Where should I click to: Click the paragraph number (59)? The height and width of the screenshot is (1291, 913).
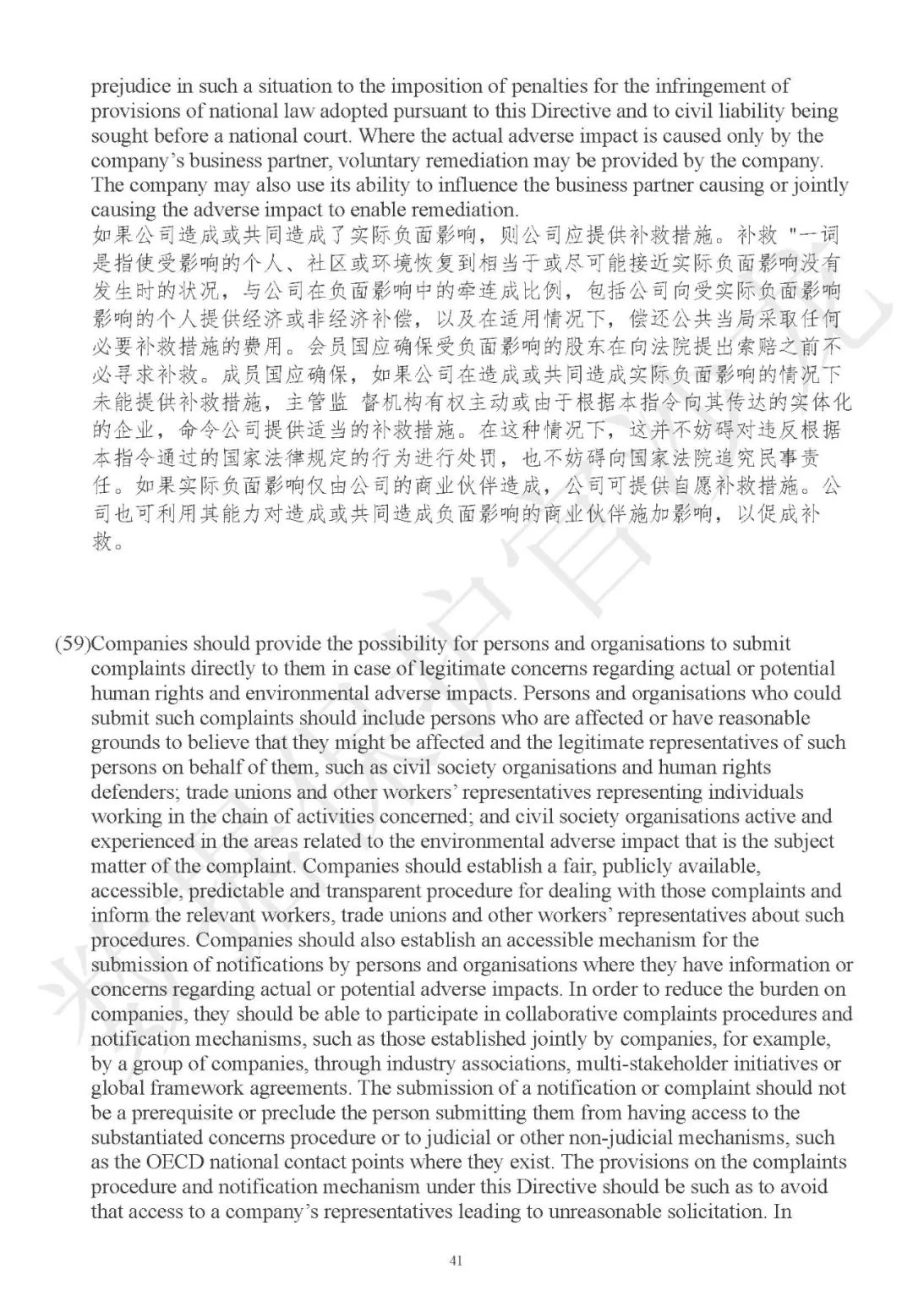pyautogui.click(x=72, y=644)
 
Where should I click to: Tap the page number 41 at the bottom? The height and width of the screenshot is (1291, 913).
pyautogui.click(x=456, y=1261)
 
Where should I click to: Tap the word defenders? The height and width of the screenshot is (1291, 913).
pyautogui.click(x=132, y=793)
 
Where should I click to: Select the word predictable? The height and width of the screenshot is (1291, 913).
pyautogui.click(x=243, y=891)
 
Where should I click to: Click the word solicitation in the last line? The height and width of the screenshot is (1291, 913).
pyautogui.click(x=714, y=1212)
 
